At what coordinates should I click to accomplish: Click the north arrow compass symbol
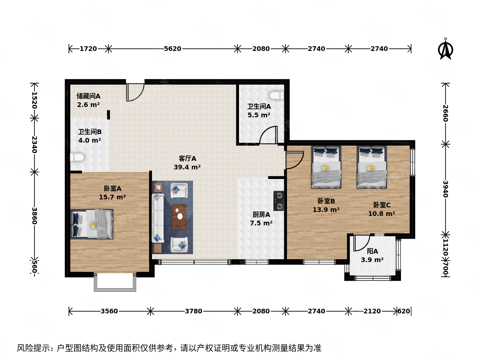[445, 50]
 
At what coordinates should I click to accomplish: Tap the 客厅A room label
[187, 159]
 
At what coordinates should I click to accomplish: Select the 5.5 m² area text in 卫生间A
[259, 115]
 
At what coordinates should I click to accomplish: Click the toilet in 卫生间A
[276, 96]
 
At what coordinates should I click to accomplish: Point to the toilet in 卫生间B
[77, 157]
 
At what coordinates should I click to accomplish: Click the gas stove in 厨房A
[279, 201]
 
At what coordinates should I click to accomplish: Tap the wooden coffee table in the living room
[179, 217]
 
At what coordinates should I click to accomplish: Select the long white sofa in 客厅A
[158, 218]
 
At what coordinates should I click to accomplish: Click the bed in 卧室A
[92, 224]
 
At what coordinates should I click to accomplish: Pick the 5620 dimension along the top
[172, 49]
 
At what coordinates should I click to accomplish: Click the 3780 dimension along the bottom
[193, 311]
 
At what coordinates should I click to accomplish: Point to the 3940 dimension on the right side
[445, 189]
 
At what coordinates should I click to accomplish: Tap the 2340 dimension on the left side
[34, 145]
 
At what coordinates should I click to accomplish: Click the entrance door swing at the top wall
[135, 92]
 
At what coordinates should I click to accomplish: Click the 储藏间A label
[88, 96]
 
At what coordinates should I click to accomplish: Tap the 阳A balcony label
[372, 251]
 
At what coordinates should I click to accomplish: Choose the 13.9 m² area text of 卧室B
[326, 210]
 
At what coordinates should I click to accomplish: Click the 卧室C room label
[382, 205]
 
